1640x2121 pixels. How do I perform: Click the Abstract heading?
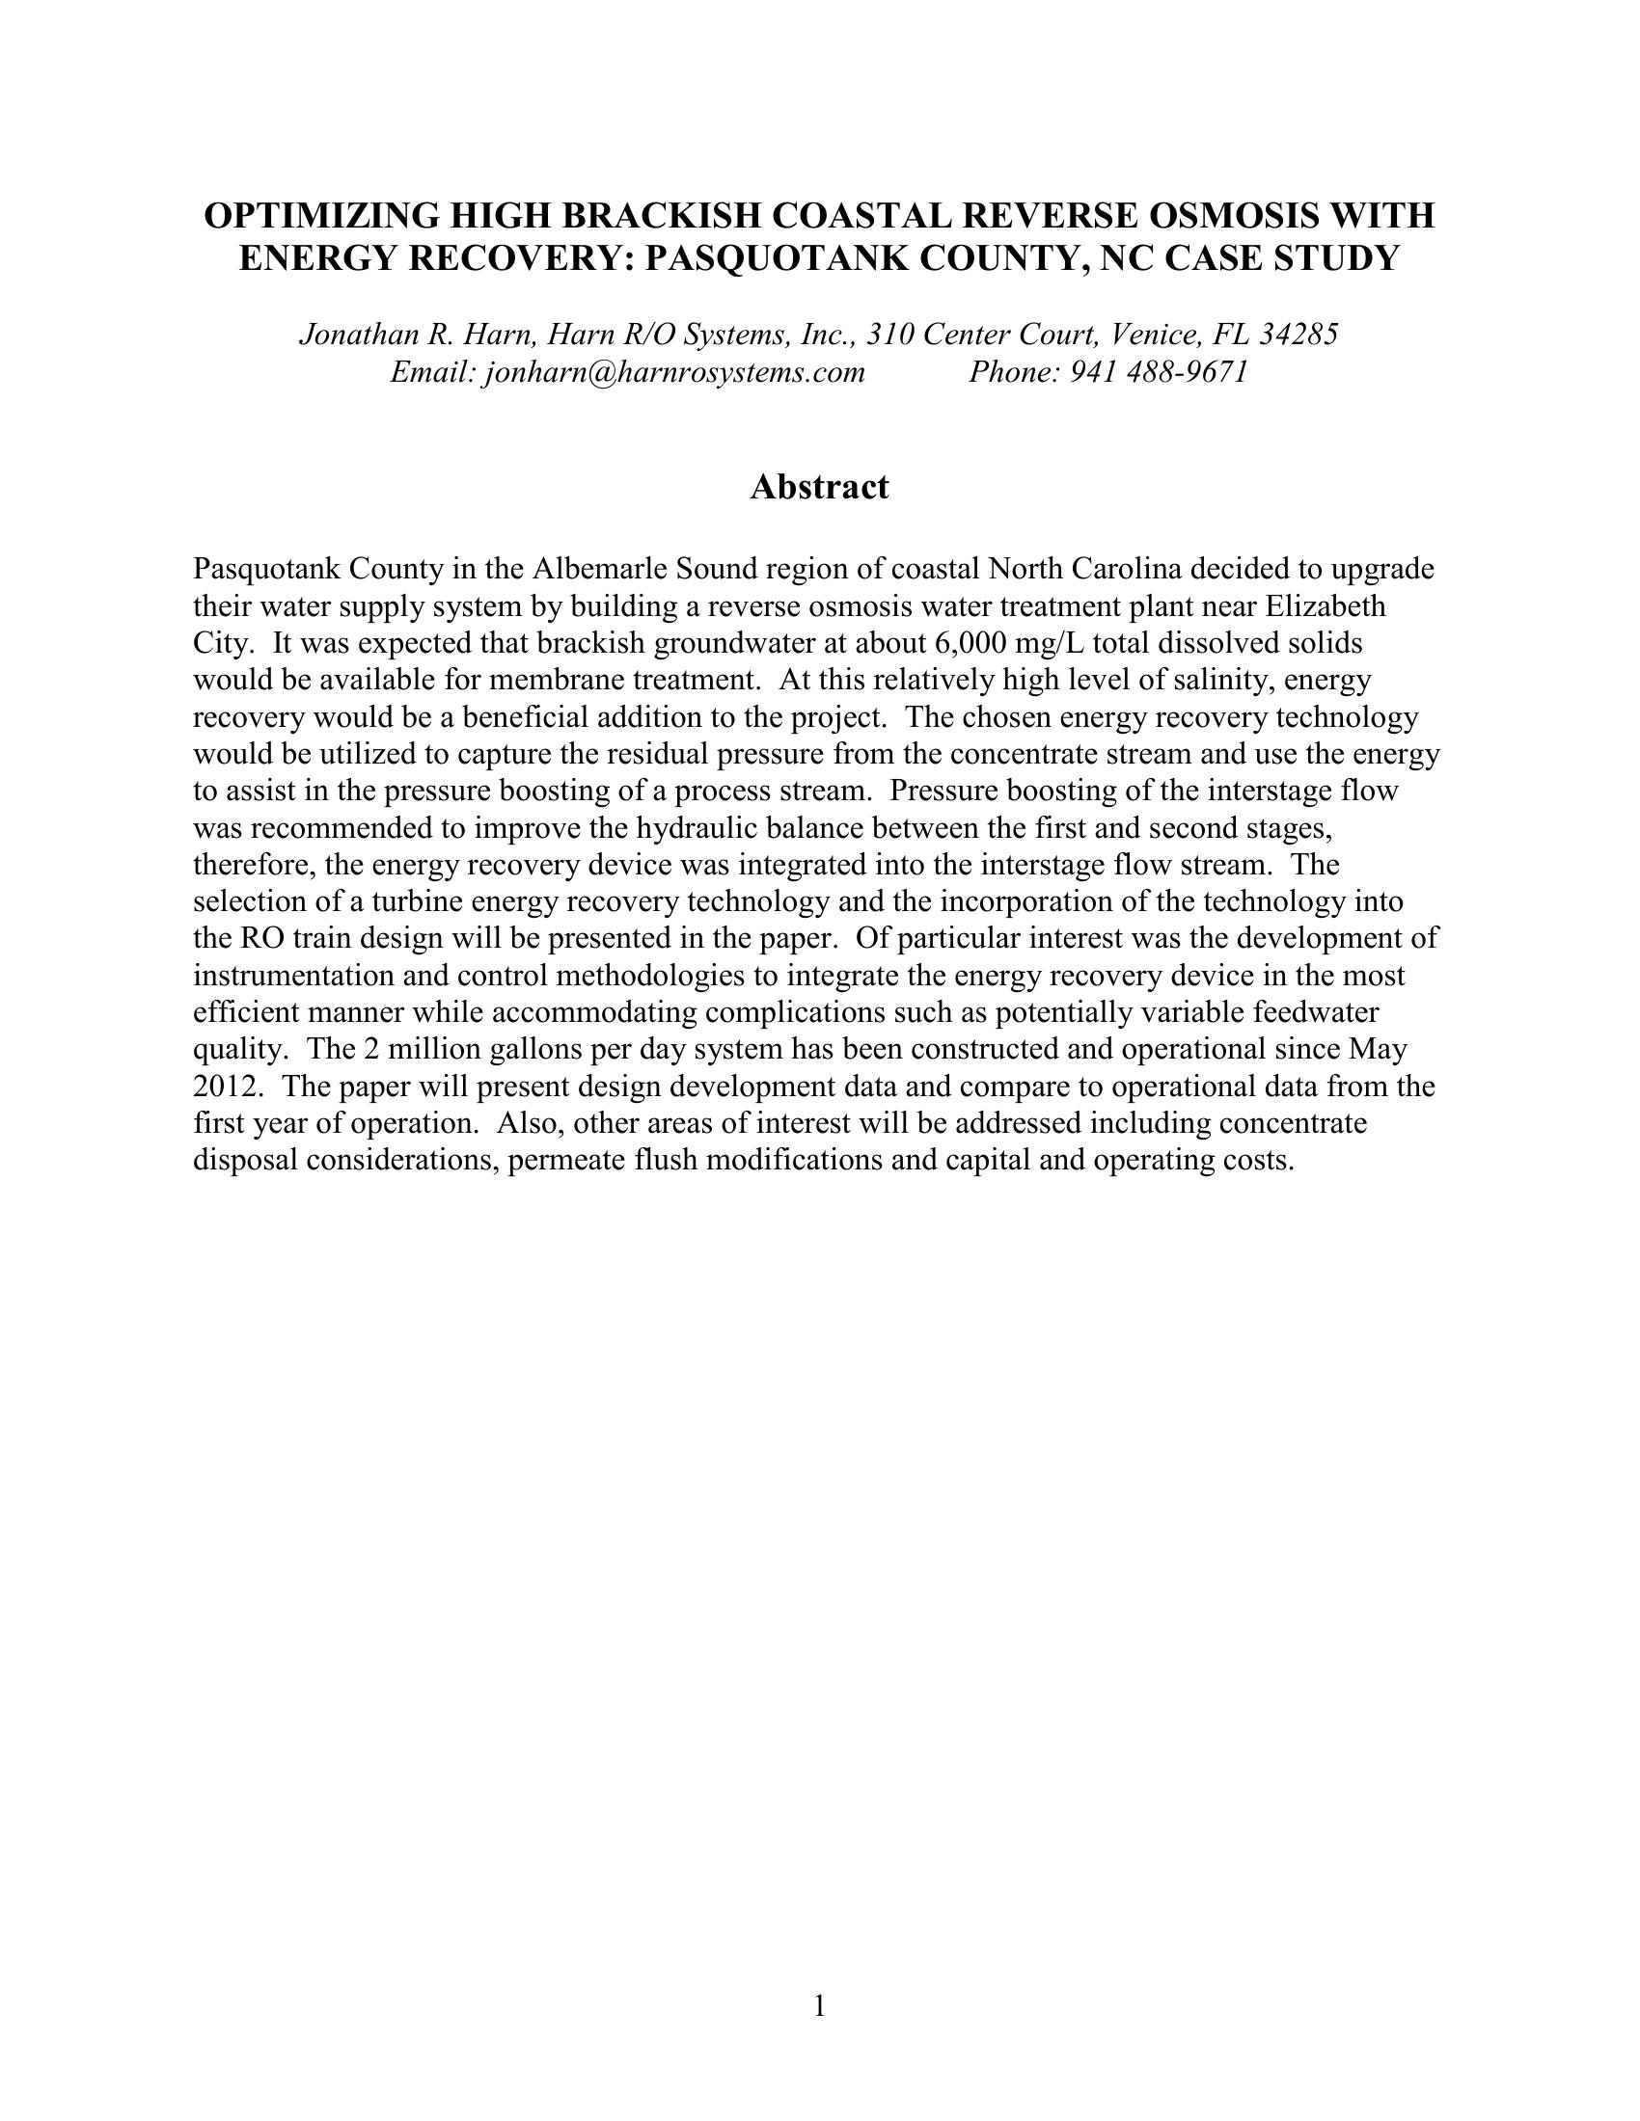click(x=819, y=487)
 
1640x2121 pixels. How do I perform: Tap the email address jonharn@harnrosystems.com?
click(x=673, y=372)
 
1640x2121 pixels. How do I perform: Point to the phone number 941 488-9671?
click(x=1158, y=372)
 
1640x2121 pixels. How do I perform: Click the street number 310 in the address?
click(x=890, y=335)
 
